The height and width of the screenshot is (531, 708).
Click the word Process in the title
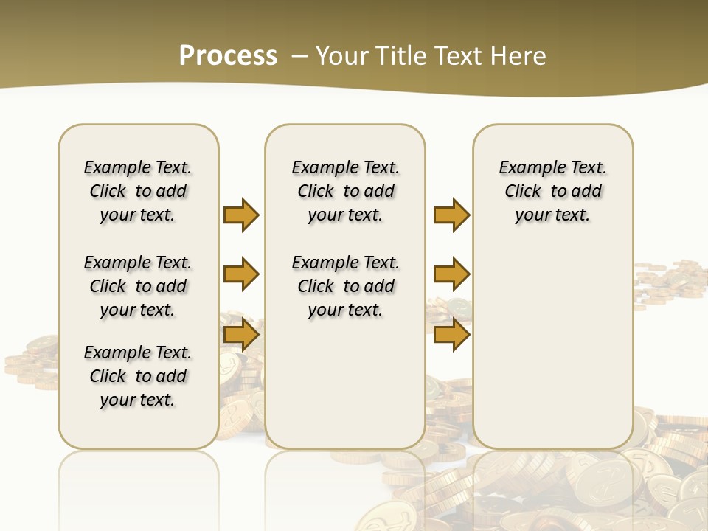[x=228, y=56]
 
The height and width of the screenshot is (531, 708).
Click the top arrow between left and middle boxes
[x=241, y=215]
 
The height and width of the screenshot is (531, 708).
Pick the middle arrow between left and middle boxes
[x=241, y=275]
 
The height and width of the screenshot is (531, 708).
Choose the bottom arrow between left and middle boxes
[x=241, y=335]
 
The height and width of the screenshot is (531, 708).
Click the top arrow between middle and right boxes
[x=451, y=215]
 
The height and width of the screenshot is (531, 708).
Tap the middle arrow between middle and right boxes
[x=451, y=275]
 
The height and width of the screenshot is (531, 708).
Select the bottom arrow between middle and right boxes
[x=451, y=335]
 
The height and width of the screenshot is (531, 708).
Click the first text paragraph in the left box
[x=138, y=191]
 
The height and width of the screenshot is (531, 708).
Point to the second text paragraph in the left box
[x=138, y=286]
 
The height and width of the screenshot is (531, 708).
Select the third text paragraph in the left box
[x=138, y=376]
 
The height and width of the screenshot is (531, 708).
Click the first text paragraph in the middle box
[x=345, y=191]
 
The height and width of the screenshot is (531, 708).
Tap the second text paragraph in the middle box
[x=345, y=286]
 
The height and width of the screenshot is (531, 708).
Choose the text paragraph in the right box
[x=553, y=191]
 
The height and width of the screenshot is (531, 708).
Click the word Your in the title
[x=341, y=56]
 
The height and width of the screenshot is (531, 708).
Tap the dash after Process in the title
[x=299, y=56]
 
